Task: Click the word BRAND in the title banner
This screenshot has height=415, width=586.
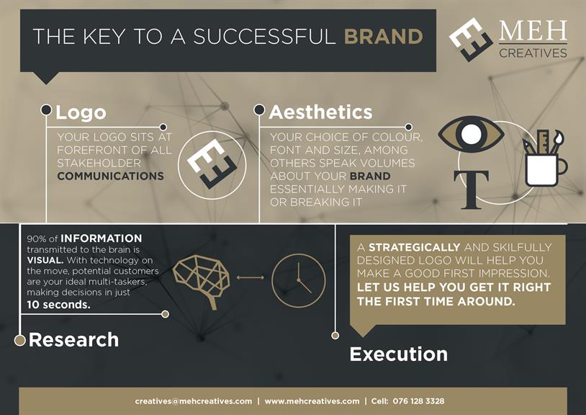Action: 383,37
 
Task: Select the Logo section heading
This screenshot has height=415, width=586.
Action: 81,112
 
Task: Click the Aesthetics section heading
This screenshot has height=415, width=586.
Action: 320,112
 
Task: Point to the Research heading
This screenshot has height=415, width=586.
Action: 73,339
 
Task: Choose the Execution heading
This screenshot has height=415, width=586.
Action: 398,354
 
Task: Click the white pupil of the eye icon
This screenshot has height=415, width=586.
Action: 471,133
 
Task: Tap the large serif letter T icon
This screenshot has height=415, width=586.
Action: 471,189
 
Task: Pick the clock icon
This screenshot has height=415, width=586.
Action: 298,280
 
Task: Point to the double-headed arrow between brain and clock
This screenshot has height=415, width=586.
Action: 251,277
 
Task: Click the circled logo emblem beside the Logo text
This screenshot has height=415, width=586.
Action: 212,165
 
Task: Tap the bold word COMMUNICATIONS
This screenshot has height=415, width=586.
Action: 111,176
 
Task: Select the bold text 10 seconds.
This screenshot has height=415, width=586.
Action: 59,305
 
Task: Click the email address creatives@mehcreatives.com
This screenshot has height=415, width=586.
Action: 194,401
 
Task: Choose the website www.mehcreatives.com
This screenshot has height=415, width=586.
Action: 312,401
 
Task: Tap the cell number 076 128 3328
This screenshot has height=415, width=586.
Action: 418,401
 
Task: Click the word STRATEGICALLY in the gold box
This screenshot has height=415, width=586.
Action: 414,248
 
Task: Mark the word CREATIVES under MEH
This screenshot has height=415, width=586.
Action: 533,53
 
